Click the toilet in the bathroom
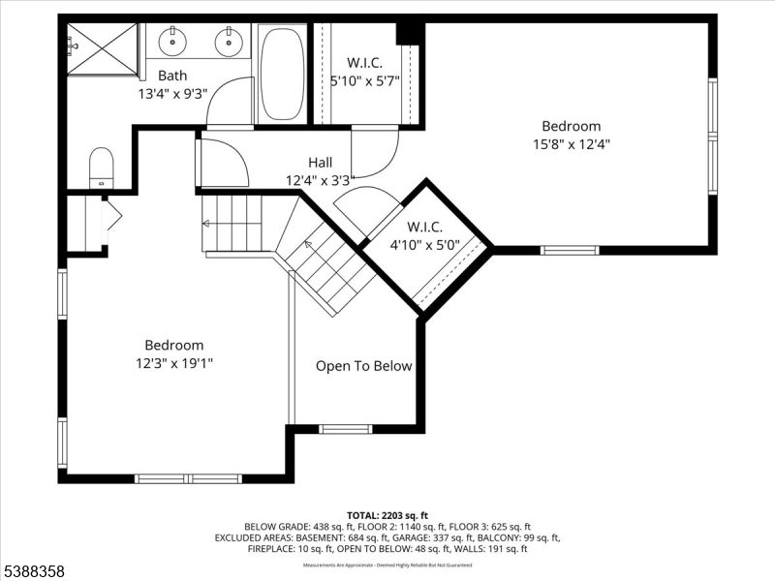(102, 168)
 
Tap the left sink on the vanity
(172, 42)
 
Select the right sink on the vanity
(230, 42)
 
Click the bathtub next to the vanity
(281, 75)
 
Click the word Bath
(172, 76)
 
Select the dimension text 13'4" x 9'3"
(172, 94)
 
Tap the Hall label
(320, 163)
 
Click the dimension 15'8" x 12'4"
(571, 143)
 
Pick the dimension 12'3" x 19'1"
(174, 363)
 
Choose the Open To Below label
(363, 366)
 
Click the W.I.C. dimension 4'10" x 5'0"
(417, 245)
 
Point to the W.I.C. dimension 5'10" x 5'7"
(363, 82)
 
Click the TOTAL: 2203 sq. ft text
(387, 514)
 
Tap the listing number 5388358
(34, 572)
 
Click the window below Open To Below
(346, 429)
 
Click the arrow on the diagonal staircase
(308, 246)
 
